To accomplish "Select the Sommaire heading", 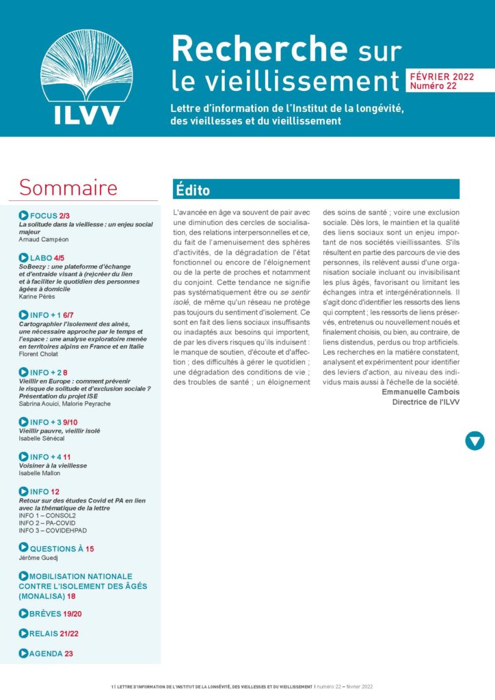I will (68, 187).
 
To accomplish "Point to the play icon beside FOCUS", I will (24, 215).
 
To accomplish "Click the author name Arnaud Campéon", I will (44, 240).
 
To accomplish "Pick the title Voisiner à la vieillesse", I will (53, 465).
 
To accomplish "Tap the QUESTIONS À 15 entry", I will (62, 548).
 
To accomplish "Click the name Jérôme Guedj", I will (40, 558).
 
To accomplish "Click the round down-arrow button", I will (474, 441).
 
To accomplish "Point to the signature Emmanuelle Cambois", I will (420, 392).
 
